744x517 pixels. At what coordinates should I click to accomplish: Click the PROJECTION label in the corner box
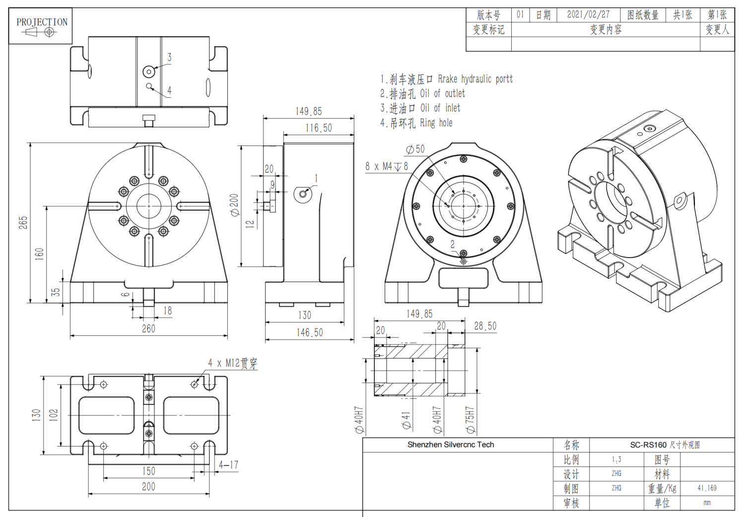pos(42,22)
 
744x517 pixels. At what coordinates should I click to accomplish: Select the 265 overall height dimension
pos(23,222)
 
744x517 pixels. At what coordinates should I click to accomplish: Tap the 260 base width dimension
pos(148,328)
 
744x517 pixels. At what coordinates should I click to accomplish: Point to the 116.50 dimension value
pos(319,128)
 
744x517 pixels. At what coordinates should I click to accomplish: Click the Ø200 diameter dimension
pos(234,204)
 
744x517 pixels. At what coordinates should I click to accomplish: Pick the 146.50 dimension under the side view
pos(310,332)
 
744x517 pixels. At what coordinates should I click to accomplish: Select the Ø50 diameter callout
pos(415,149)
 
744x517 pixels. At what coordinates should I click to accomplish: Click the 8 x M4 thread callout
pos(387,167)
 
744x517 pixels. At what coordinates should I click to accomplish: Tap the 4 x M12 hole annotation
pos(232,363)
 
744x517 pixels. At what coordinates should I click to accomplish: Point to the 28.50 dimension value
pos(485,326)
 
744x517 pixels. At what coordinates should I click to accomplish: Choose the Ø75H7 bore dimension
pos(470,420)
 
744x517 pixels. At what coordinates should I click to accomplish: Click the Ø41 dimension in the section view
pos(406,420)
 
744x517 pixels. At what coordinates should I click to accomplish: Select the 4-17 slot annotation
pos(228,465)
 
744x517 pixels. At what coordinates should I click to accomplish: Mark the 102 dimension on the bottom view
pos(54,415)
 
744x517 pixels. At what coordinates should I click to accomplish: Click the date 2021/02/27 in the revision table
pos(588,15)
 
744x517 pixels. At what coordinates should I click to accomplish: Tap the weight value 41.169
pos(707,488)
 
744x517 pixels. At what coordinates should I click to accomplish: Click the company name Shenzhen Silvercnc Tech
pos(451,445)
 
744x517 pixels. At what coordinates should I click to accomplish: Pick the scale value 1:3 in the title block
pos(616,459)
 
